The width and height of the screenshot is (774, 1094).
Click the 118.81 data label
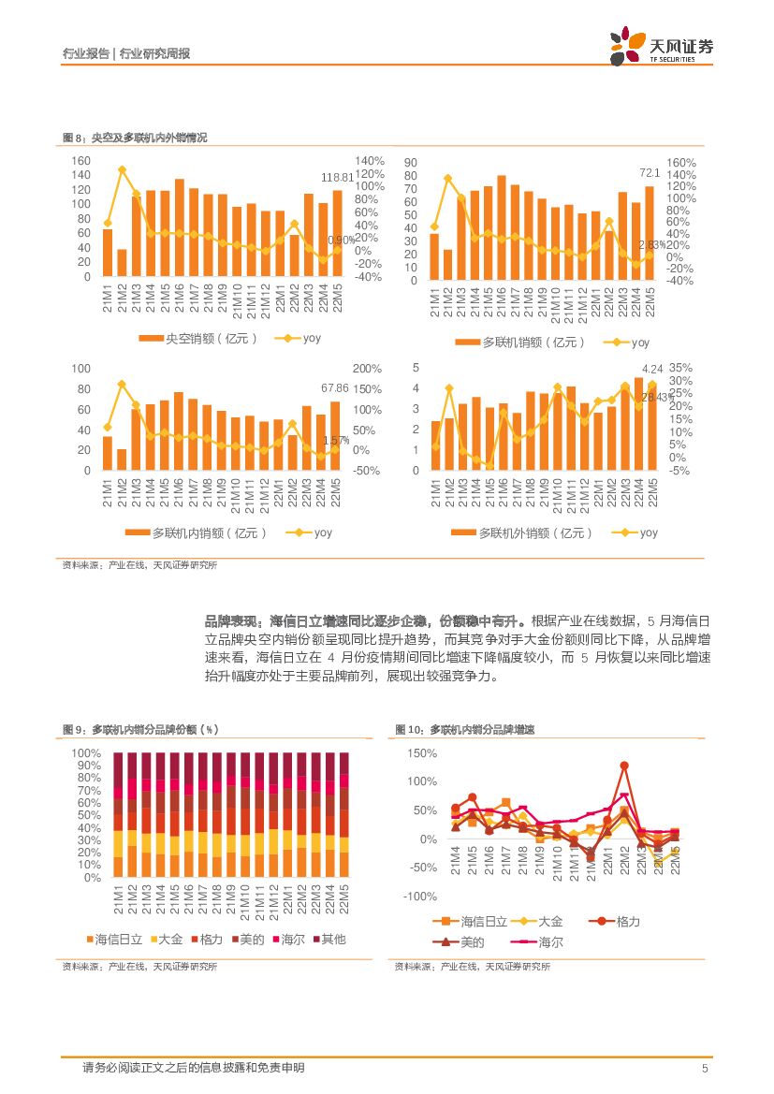tap(338, 177)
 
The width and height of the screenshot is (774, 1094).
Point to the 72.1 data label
tap(650, 173)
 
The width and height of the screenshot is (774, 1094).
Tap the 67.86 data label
tap(334, 387)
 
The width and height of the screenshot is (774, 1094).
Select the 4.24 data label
tap(652, 369)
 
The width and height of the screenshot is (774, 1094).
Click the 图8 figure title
tap(135, 138)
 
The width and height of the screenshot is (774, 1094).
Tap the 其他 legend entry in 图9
tap(333, 939)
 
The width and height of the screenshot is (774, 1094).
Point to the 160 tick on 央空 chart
tap(80, 161)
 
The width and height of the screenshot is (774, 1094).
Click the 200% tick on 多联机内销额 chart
tap(367, 369)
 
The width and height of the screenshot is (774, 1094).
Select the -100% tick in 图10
tap(419, 897)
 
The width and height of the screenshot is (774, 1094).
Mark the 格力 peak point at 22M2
tap(623, 766)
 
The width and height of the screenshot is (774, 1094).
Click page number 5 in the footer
tap(705, 1069)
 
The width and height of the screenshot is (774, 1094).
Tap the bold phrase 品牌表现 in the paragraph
tap(233, 620)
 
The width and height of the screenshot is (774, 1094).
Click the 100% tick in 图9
tap(86, 753)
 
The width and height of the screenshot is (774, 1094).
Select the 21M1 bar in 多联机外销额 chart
tap(435, 445)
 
